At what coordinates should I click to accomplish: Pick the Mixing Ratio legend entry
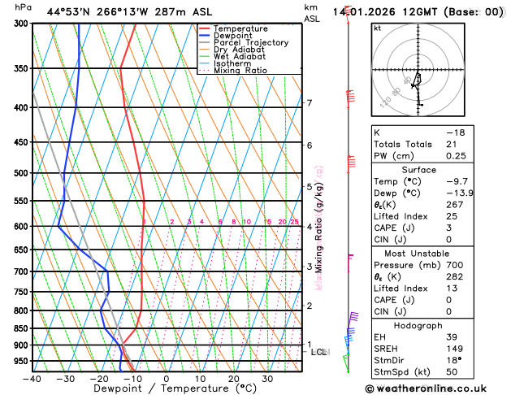coord(240,71)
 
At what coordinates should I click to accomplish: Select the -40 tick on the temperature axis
coord(32,379)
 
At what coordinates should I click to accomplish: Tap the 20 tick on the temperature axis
coord(233,379)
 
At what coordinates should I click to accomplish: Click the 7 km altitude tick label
coord(310,103)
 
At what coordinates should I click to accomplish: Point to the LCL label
coord(319,352)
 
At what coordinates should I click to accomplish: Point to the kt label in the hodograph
coord(377,28)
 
